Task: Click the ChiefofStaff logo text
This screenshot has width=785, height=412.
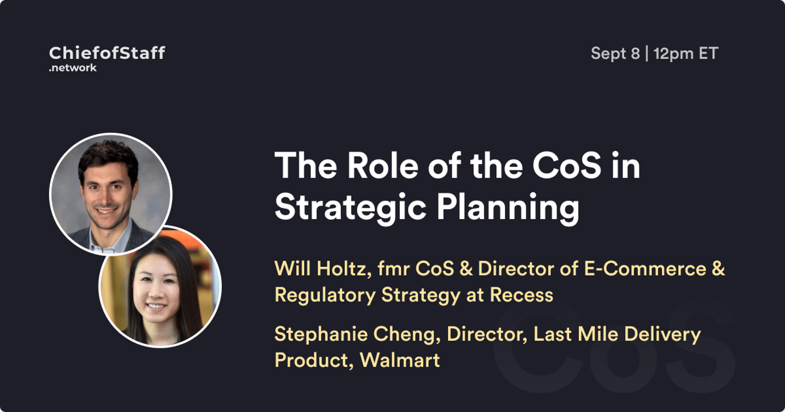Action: pyautogui.click(x=107, y=53)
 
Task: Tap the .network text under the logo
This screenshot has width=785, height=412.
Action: pyautogui.click(x=73, y=68)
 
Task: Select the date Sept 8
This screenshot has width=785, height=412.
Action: pyautogui.click(x=615, y=54)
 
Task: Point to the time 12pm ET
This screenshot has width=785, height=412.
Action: pyautogui.click(x=686, y=54)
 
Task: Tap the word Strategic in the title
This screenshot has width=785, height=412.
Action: pyautogui.click(x=350, y=207)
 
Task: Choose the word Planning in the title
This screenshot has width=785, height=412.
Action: pyautogui.click(x=508, y=207)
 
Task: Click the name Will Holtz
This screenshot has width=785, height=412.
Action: pyautogui.click(x=323, y=269)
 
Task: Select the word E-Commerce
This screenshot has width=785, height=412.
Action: pyautogui.click(x=645, y=269)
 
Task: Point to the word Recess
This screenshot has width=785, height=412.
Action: pyautogui.click(x=522, y=295)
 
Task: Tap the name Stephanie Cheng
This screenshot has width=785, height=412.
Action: pyautogui.click(x=357, y=334)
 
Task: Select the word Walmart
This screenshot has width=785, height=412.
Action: pyautogui.click(x=399, y=360)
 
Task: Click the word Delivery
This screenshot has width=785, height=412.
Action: pyautogui.click(x=662, y=334)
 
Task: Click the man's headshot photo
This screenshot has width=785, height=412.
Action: pyautogui.click(x=111, y=194)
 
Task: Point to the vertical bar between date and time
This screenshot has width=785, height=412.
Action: pyautogui.click(x=647, y=54)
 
